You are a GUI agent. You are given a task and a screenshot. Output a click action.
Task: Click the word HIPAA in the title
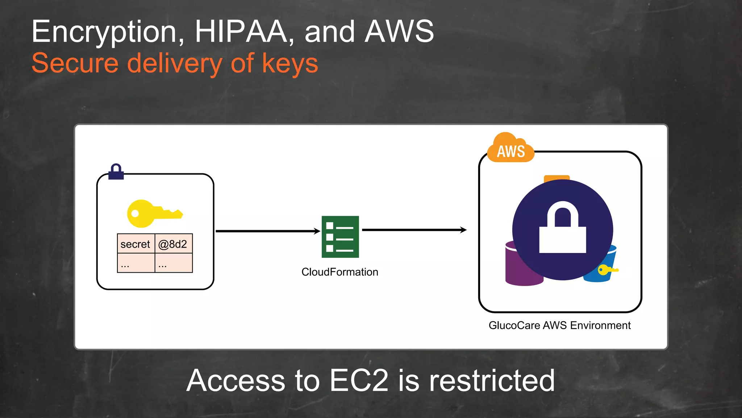point(241,32)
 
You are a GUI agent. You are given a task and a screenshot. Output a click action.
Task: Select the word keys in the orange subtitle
point(289,63)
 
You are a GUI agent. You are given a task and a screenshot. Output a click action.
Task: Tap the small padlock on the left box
point(116,172)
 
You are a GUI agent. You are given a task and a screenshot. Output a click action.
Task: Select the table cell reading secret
point(136,244)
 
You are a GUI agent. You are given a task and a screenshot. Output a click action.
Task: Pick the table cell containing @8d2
point(173,244)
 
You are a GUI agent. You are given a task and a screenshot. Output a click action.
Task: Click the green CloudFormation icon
point(340,237)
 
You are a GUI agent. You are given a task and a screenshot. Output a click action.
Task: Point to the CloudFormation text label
point(339,272)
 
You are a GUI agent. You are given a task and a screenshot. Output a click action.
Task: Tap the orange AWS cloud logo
point(510,149)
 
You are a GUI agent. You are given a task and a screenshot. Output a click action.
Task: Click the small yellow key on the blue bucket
point(607,270)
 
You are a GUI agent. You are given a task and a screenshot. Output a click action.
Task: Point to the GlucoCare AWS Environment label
point(559,325)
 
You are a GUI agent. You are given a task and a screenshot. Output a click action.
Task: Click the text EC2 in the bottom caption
point(359,381)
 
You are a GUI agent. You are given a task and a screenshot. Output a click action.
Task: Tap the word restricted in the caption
point(492,381)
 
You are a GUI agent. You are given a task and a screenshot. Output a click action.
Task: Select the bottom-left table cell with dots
point(136,263)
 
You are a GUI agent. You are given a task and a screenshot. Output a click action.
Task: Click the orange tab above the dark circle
point(556,178)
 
